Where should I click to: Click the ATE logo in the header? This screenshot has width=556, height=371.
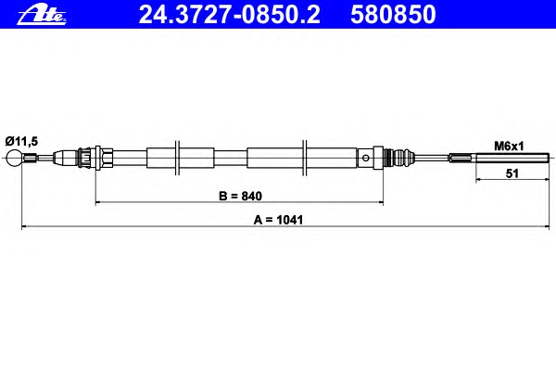(x=42, y=16)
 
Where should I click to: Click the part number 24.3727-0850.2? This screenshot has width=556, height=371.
(x=230, y=15)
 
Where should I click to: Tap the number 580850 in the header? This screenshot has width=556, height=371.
(x=393, y=15)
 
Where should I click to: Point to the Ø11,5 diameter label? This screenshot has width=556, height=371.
(x=21, y=141)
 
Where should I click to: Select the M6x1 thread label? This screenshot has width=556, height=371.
(x=509, y=146)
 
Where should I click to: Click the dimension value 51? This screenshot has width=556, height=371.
(x=512, y=173)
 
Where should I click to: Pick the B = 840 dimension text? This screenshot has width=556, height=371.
(x=240, y=196)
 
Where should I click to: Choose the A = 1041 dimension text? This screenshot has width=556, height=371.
(x=278, y=220)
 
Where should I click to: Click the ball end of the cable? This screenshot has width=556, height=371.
(x=14, y=158)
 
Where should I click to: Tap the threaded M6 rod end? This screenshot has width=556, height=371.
(x=512, y=158)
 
